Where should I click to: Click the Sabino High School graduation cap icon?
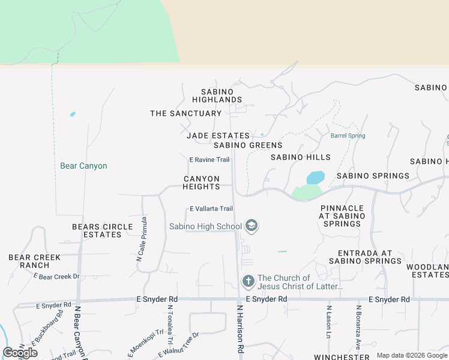tap(252, 226)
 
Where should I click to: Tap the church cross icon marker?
tap(248, 281)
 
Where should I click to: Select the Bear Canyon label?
tap(83, 166)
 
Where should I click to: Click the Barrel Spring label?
tap(348, 136)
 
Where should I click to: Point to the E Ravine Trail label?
tap(209, 160)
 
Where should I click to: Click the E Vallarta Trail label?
tap(211, 208)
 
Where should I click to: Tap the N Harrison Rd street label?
tap(240, 328)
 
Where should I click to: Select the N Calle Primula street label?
tap(142, 239)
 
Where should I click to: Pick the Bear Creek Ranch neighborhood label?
tap(34, 261)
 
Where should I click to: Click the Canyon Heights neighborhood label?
tap(201, 182)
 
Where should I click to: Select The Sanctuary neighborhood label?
tap(185, 113)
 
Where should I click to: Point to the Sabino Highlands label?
tap(217, 95)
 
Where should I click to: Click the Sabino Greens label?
tap(247, 145)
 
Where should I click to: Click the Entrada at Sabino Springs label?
tap(369, 257)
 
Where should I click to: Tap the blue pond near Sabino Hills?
tap(316, 178)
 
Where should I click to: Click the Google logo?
tap(20, 353)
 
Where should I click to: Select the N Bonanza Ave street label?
tap(357, 334)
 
